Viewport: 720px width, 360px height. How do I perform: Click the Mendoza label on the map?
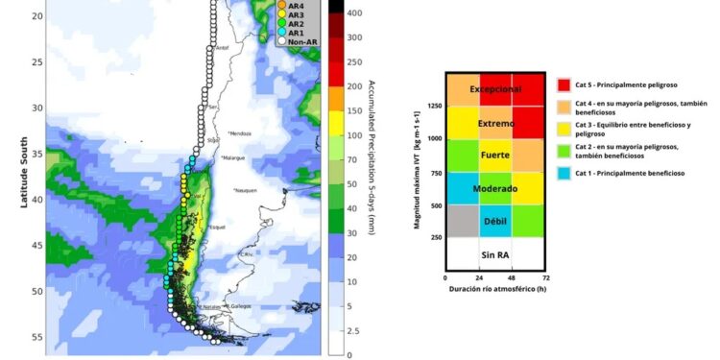click(241, 132)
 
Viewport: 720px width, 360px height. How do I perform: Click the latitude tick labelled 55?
click(37, 337)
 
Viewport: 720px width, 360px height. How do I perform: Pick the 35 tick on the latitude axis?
click(37, 154)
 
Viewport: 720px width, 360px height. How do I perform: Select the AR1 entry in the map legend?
click(294, 32)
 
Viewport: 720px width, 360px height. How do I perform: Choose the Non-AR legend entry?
click(300, 41)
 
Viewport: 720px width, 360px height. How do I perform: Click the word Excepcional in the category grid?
click(494, 89)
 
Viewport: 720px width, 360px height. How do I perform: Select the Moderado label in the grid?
click(494, 189)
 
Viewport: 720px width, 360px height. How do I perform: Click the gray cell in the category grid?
click(462, 220)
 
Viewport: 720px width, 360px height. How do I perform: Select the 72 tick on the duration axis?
click(544, 277)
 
